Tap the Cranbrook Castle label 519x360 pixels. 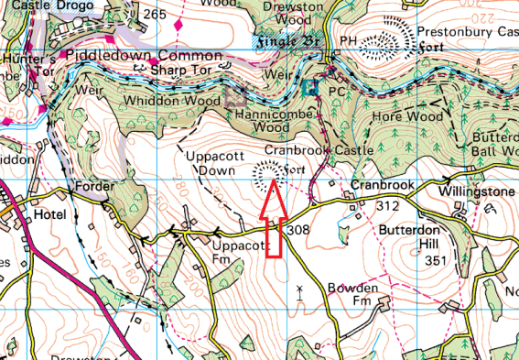319,149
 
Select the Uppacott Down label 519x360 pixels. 213,164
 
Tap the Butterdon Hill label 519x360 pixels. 427,234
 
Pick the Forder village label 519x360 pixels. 95,186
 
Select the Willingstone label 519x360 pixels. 476,191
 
